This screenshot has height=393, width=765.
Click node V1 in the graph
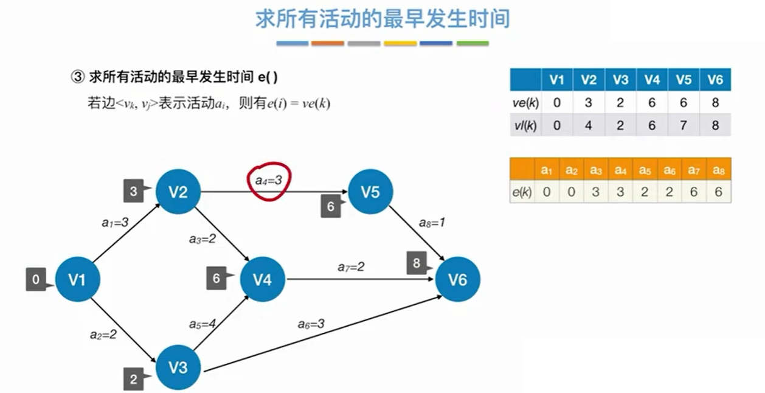(x=77, y=280)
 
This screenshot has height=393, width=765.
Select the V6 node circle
(x=457, y=280)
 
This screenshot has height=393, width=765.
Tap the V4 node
(x=263, y=280)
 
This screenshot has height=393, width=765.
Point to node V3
(x=178, y=367)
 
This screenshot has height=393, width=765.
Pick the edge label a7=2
(x=351, y=266)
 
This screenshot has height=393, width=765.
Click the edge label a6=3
(x=311, y=324)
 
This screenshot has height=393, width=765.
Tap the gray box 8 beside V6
(x=417, y=263)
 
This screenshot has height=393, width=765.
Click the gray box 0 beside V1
(x=36, y=280)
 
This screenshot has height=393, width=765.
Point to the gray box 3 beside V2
(x=133, y=191)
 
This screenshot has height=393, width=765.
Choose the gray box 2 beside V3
(x=133, y=380)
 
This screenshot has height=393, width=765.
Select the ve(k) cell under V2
(x=588, y=102)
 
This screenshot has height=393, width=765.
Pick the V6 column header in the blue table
(x=715, y=80)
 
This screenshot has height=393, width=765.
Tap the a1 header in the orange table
(x=547, y=169)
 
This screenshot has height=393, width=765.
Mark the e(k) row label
(x=522, y=191)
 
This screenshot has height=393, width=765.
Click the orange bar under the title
(x=328, y=44)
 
